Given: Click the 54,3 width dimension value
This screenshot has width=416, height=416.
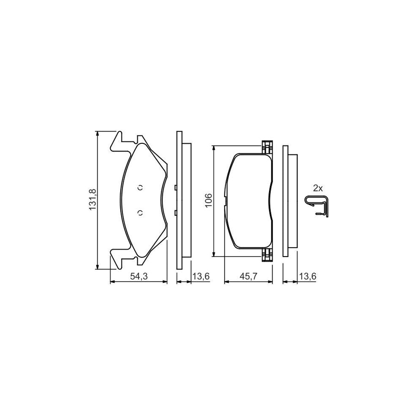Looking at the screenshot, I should (x=138, y=276).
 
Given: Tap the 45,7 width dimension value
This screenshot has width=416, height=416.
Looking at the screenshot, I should (x=248, y=276).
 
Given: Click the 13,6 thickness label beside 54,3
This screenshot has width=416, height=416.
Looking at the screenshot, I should (x=201, y=276).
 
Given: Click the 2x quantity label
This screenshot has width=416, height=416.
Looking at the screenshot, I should (x=317, y=188).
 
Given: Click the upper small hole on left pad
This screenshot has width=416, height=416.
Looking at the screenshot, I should (x=141, y=187).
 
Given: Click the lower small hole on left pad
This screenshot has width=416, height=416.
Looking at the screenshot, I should (x=141, y=213).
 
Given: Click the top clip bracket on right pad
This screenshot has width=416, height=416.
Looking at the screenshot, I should (x=266, y=147).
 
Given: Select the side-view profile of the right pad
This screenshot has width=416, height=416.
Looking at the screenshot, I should (x=289, y=200).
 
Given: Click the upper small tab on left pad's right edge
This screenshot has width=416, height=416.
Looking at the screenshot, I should (x=176, y=188).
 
